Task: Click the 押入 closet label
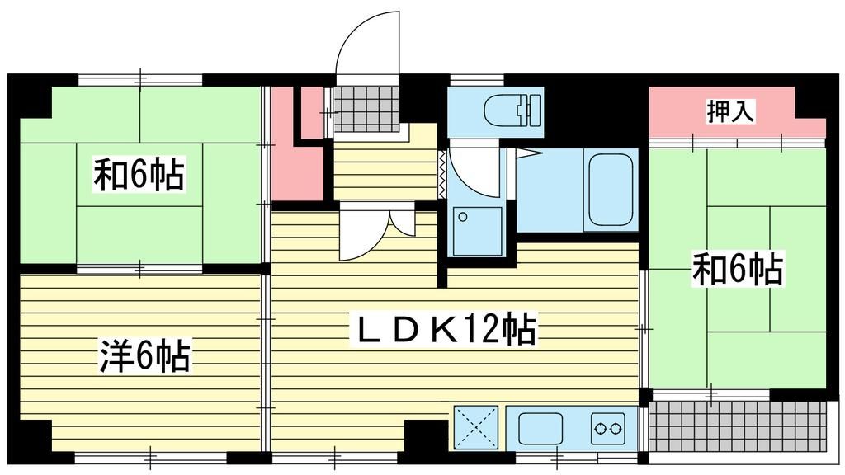730,111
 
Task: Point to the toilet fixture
512,110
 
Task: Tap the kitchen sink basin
541,428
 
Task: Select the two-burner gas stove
608,429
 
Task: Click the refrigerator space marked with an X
476,427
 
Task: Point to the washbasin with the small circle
477,231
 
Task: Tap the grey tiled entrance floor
366,109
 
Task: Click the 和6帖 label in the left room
139,173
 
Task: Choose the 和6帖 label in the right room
737,268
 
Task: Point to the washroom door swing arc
468,181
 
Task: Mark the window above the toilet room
477,80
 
